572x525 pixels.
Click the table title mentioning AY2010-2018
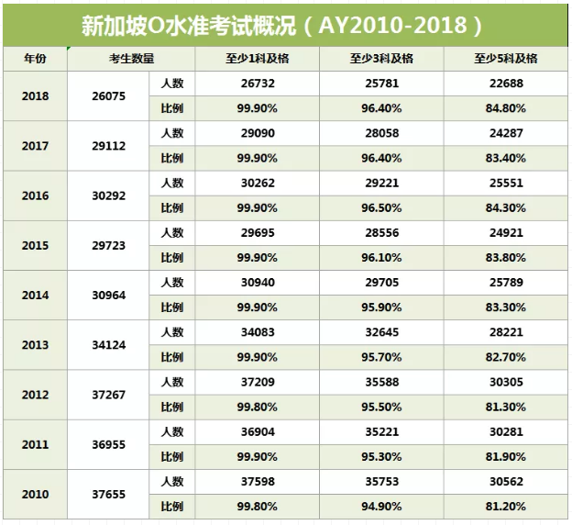pyautogui.click(x=286, y=22)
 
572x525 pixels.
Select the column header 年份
pyautogui.click(x=34, y=58)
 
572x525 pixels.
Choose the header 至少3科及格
pyautogui.click(x=381, y=58)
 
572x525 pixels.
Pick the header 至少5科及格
pyautogui.click(x=506, y=58)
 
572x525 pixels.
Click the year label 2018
pyautogui.click(x=34, y=95)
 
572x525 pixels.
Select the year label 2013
pyautogui.click(x=34, y=345)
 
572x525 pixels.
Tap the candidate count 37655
pyautogui.click(x=109, y=494)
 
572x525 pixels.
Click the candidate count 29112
pyautogui.click(x=109, y=145)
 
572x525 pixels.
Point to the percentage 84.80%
pyautogui.click(x=506, y=108)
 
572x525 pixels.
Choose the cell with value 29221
pyautogui.click(x=381, y=183)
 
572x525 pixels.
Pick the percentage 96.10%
pyautogui.click(x=381, y=257)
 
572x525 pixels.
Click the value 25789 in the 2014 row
pyautogui.click(x=506, y=283)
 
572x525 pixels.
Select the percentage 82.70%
pyautogui.click(x=506, y=357)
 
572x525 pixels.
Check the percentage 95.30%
pyautogui.click(x=381, y=456)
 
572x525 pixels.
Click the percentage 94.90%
pyautogui.click(x=381, y=506)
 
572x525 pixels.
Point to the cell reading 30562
pyautogui.click(x=506, y=481)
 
